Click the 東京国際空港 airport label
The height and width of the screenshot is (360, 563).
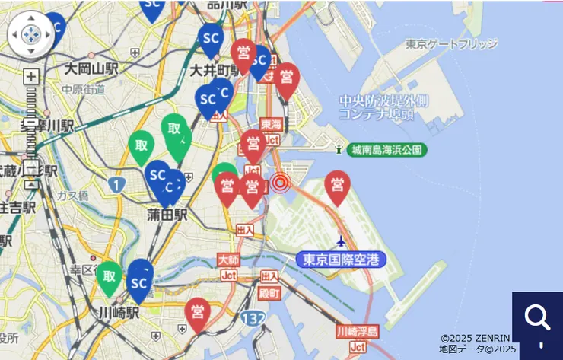pyautogui.click(x=341, y=260)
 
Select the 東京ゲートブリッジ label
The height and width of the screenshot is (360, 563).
pyautogui.click(x=451, y=44)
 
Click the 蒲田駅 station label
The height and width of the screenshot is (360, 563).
pyautogui.click(x=167, y=215)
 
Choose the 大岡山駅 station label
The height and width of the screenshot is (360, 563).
pyautogui.click(x=91, y=69)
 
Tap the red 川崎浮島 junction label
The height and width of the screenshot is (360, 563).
pyautogui.click(x=357, y=332)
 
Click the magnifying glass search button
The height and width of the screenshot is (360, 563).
pyautogui.click(x=537, y=317)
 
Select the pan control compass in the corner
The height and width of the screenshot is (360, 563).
pyautogui.click(x=30, y=34)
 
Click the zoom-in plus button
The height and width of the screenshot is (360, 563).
pyautogui.click(x=30, y=76)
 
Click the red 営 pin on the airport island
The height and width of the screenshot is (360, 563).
pyautogui.click(x=337, y=185)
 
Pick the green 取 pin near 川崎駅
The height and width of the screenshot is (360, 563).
pyautogui.click(x=110, y=276)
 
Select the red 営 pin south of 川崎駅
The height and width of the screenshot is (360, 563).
pyautogui.click(x=197, y=311)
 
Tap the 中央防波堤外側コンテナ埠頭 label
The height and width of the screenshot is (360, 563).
pyautogui.click(x=383, y=107)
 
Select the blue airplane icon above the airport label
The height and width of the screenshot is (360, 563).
pyautogui.click(x=340, y=241)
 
